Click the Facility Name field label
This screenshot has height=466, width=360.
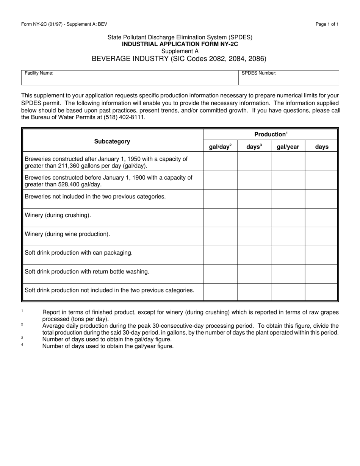[39, 73]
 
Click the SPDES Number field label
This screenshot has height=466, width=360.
[259, 73]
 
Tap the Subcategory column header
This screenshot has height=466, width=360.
[112, 141]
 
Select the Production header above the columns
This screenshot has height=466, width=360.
[271, 134]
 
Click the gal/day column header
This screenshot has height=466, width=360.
[220, 147]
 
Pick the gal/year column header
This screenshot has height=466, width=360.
[288, 147]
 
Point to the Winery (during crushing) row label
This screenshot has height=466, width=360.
[58, 215]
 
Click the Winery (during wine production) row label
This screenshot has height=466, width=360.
[67, 234]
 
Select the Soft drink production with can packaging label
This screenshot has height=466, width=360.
[78, 253]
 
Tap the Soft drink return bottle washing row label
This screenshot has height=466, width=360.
[87, 271]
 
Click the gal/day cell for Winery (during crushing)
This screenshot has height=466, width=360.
[220, 217]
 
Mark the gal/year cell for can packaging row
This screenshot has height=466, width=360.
[288, 255]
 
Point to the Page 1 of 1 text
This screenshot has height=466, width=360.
[327, 24]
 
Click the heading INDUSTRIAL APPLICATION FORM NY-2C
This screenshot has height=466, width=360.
[180, 44]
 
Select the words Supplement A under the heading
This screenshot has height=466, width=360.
[180, 51]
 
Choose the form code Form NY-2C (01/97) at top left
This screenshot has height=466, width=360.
[44, 24]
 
